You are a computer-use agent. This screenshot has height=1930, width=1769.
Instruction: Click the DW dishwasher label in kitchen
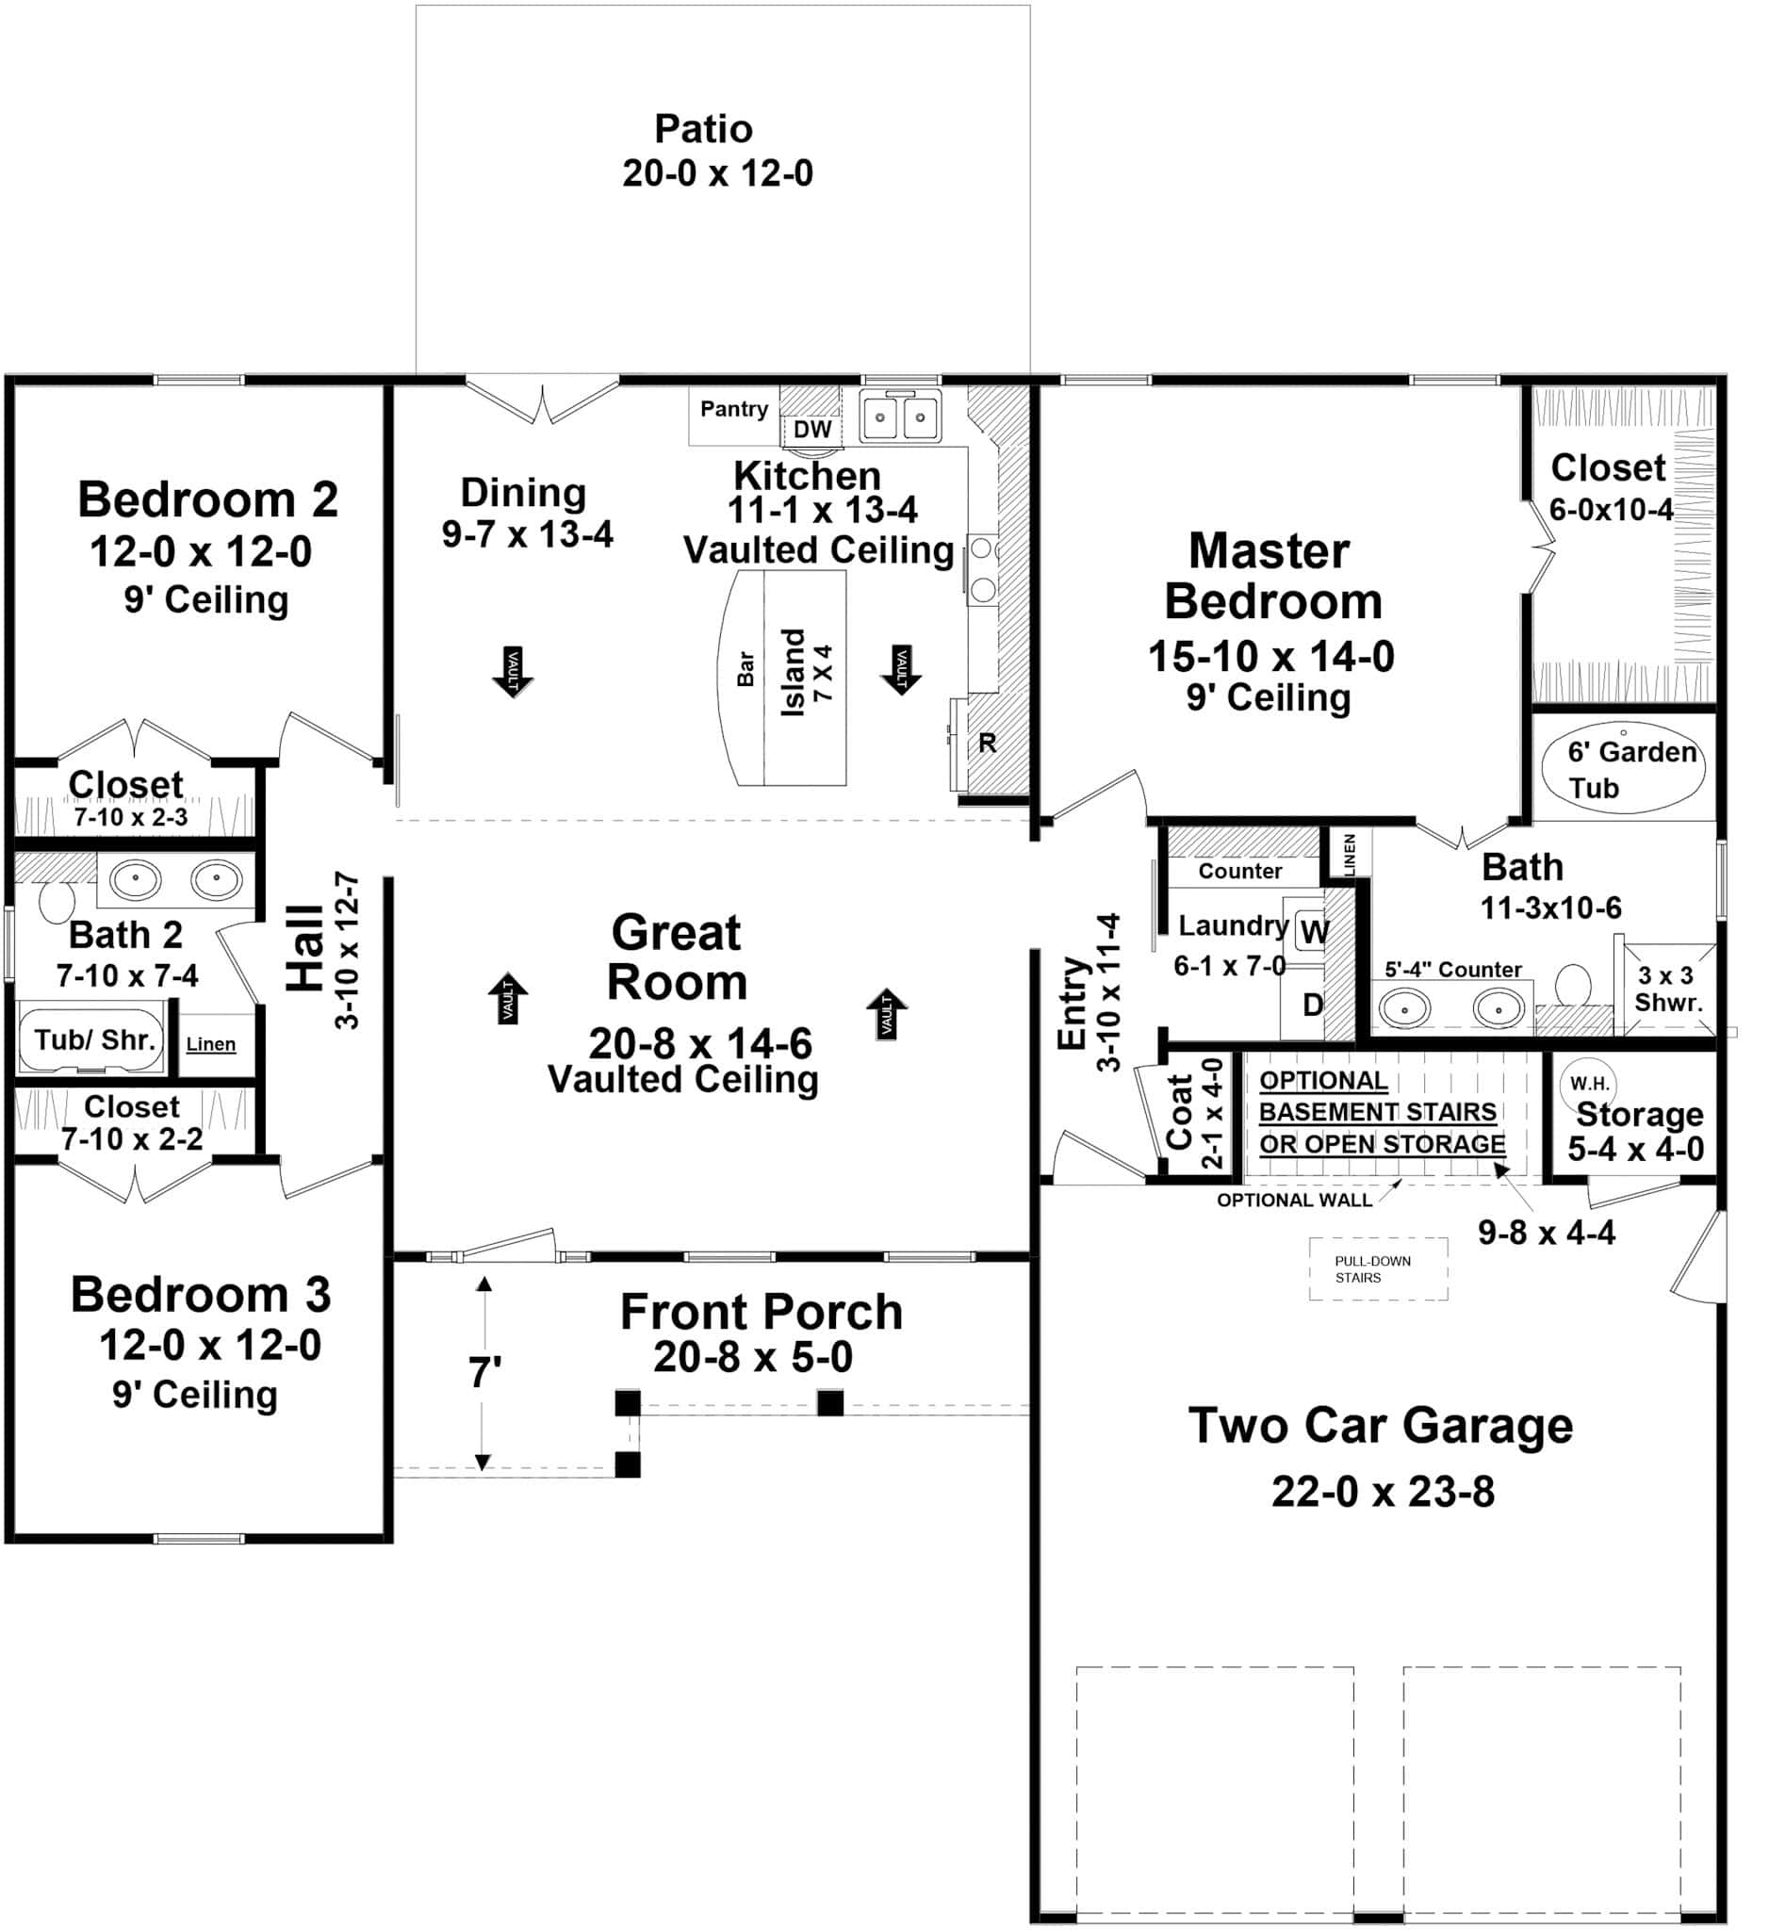click(811, 430)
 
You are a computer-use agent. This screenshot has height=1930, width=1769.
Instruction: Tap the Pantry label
click(733, 410)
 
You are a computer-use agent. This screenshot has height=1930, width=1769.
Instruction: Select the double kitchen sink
click(900, 417)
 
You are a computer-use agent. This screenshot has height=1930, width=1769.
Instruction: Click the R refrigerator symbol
click(987, 743)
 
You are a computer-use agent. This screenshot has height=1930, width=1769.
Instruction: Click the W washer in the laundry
click(1314, 931)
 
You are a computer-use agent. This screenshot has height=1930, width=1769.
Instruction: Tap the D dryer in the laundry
click(1313, 1005)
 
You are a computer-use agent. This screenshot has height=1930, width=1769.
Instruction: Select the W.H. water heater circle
click(1589, 1084)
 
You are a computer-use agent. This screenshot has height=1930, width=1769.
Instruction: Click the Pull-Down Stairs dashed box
click(1379, 1269)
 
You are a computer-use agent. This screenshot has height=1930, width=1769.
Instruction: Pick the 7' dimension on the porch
click(484, 1374)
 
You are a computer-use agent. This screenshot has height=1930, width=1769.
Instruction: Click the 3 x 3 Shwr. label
click(1667, 989)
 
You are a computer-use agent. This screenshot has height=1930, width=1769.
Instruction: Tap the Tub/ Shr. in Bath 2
click(94, 1039)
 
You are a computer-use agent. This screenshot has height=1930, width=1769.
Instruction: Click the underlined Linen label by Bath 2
click(210, 1044)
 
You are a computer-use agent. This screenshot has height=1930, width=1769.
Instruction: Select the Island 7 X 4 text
click(806, 673)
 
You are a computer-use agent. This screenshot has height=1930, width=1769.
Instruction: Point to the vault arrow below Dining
click(512, 670)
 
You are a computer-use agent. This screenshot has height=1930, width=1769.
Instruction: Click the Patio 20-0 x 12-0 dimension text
click(717, 173)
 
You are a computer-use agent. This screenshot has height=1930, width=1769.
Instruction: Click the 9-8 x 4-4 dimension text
click(1546, 1232)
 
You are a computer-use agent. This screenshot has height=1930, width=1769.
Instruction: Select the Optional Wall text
click(1294, 1201)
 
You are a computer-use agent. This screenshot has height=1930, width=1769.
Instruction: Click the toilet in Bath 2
click(56, 901)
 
